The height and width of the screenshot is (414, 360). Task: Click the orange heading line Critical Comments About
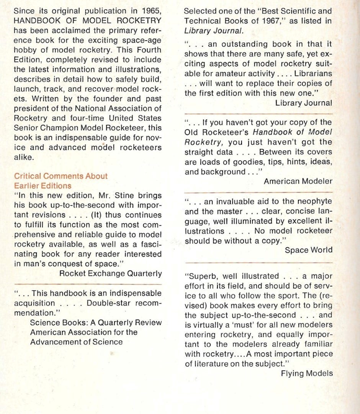tap(61, 176)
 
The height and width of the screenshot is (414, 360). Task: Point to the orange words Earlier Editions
tap(43, 186)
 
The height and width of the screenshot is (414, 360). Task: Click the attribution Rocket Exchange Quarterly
tap(111, 273)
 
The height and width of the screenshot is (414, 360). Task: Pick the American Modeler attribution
tap(298, 181)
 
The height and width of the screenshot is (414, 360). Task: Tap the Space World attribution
tap(309, 250)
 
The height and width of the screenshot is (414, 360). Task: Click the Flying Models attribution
tap(306, 373)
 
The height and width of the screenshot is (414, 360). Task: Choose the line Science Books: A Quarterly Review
tap(96, 322)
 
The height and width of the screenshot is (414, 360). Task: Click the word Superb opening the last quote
tap(200, 276)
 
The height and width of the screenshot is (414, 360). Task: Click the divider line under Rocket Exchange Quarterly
tap(87, 284)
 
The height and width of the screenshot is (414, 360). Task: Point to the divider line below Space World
tap(259, 262)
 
